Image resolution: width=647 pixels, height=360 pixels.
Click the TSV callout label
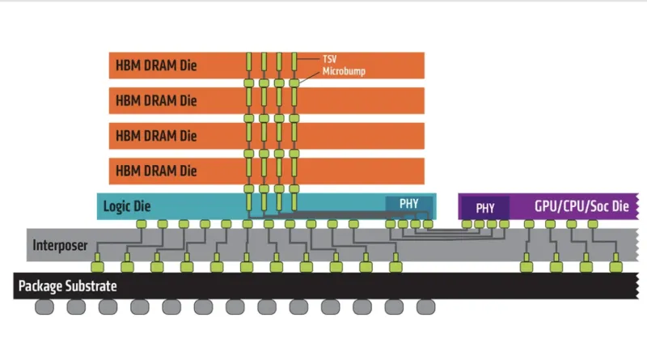[330, 59]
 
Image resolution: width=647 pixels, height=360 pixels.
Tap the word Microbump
[344, 71]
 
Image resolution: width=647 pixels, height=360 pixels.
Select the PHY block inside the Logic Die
[409, 204]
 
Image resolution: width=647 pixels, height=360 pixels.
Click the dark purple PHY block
[484, 208]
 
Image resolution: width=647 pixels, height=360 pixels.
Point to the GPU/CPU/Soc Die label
[581, 205]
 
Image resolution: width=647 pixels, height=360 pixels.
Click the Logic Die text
[127, 206]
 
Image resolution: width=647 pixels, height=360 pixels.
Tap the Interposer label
[60, 245]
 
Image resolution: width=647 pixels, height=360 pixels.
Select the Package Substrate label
[68, 286]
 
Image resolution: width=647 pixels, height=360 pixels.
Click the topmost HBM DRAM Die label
[156, 66]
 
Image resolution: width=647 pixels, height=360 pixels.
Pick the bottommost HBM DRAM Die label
[156, 171]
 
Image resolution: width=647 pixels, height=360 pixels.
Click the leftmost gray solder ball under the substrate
[44, 307]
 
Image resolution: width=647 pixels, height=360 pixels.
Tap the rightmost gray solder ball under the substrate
[426, 307]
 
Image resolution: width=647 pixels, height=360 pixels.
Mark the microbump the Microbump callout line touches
[294, 83]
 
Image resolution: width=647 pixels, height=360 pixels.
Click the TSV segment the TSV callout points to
[294, 61]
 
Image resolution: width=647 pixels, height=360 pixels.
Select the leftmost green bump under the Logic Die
[142, 224]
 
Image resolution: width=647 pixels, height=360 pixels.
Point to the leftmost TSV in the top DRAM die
[249, 61]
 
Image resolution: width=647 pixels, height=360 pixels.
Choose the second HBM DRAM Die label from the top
[156, 100]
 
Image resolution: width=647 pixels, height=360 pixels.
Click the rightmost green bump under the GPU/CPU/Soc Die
[593, 224]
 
